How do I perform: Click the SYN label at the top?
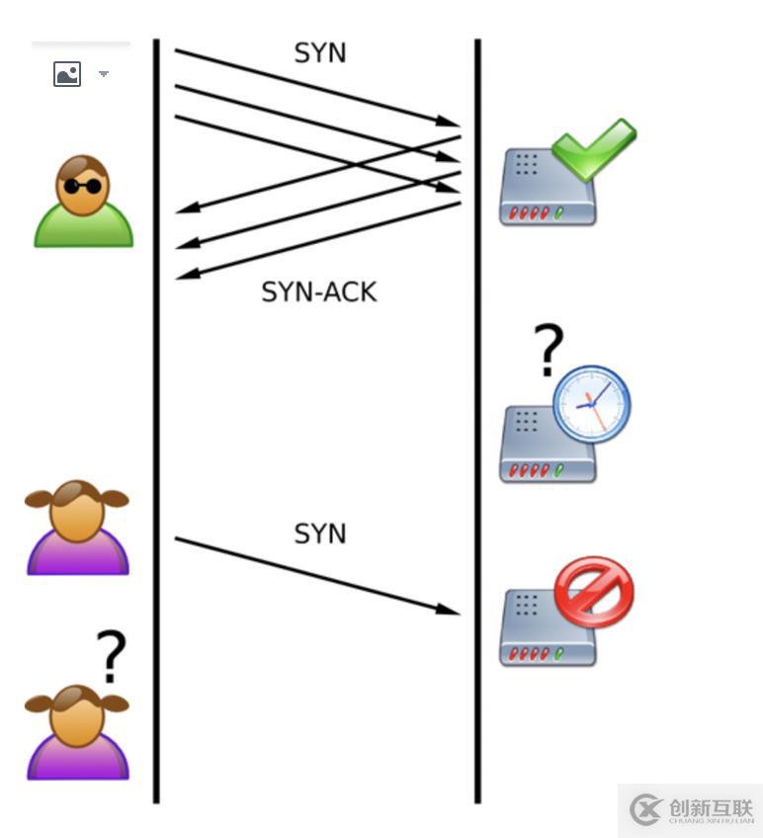tap(320, 53)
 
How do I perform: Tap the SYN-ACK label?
tap(319, 292)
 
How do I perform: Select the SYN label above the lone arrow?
tap(320, 534)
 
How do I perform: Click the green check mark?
tap(593, 148)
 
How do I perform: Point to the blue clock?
tap(591, 403)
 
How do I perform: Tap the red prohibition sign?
tap(593, 590)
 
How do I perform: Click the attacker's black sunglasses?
tap(83, 185)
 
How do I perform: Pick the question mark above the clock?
tap(549, 350)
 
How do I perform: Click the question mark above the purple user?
tap(111, 656)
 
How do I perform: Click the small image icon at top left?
tap(67, 74)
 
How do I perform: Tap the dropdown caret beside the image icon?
tap(104, 74)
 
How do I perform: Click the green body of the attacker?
tap(84, 228)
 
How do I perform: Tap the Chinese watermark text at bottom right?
tap(711, 808)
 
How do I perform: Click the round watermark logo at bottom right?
tap(646, 810)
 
